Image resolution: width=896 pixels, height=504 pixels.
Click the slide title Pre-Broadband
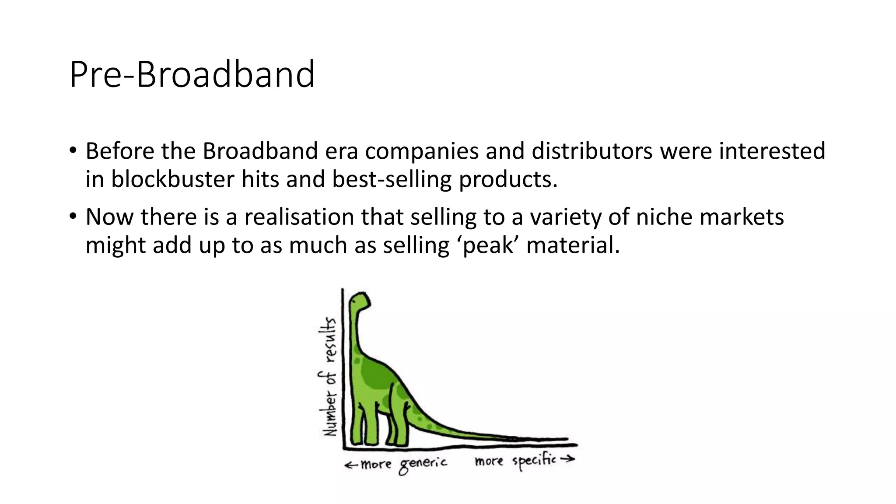click(x=192, y=74)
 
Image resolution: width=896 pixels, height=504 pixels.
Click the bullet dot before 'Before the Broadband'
click(x=73, y=150)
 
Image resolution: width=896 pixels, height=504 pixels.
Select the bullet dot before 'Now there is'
click(x=73, y=217)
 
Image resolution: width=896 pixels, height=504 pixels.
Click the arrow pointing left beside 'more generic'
click(x=351, y=465)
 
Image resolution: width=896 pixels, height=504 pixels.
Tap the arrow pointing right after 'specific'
click(x=567, y=459)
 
